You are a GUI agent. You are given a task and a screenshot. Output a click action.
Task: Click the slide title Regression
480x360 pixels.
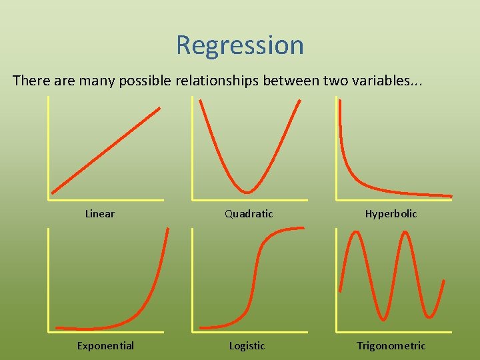240,45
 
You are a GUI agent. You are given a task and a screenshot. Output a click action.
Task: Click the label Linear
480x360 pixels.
100,214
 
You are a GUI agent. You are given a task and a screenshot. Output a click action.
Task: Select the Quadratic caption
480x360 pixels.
249,214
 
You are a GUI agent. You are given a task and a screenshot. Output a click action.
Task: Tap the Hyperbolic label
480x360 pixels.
391,214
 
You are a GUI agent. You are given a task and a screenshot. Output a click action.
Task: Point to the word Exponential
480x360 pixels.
105,345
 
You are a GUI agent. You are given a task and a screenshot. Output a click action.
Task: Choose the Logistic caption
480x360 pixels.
247,345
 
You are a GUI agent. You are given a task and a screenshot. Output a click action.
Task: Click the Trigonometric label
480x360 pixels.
391,345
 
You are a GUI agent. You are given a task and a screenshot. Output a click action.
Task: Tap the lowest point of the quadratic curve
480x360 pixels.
247,192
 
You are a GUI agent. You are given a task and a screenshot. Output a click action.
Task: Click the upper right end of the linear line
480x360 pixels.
159,108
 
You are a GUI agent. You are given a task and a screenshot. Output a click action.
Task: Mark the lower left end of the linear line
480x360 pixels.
53,192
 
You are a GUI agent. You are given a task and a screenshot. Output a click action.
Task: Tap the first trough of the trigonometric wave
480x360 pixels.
382,319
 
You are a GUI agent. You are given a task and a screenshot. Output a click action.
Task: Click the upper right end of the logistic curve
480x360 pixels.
303,229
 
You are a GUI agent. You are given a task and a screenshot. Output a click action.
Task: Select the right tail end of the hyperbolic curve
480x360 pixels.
450,195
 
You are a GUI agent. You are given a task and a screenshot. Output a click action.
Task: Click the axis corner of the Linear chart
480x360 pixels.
49,199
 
